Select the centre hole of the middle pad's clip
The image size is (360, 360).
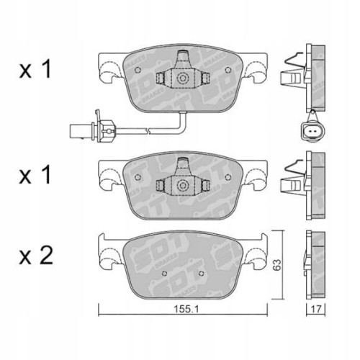(x=183, y=186)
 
